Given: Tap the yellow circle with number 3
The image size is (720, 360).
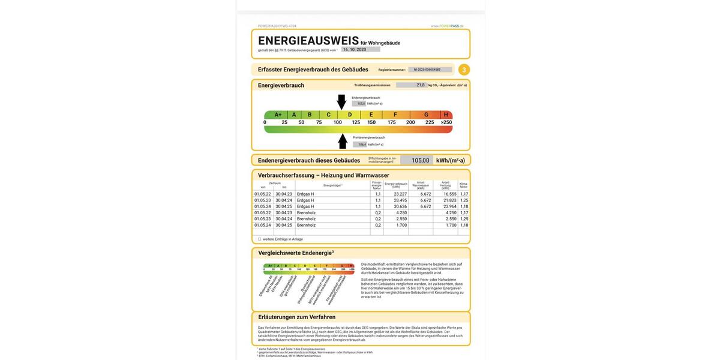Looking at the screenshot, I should pyautogui.click(x=464, y=70).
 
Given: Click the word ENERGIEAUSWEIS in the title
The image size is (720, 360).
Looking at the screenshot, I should pyautogui.click(x=308, y=41).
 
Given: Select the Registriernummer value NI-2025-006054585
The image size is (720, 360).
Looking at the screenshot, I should pyautogui.click(x=427, y=70).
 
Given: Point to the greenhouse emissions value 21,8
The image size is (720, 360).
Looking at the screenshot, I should pyautogui.click(x=421, y=85).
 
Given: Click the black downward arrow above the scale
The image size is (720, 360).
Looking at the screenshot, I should pyautogui.click(x=341, y=101).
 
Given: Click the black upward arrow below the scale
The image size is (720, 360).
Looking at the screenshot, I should pyautogui.click(x=343, y=142).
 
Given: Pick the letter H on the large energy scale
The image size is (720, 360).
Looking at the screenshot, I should pyautogui.click(x=446, y=115).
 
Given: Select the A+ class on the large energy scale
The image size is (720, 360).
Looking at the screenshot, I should pyautogui.click(x=278, y=115).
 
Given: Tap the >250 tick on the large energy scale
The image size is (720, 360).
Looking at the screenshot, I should pyautogui.click(x=446, y=122).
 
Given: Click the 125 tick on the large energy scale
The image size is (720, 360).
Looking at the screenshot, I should pyautogui.click(x=356, y=122).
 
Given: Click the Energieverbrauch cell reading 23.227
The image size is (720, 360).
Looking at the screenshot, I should pyautogui.click(x=400, y=194).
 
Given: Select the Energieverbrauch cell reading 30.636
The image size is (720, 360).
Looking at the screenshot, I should pyautogui.click(x=400, y=206).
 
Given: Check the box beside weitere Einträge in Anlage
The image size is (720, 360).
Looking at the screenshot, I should pyautogui.click(x=260, y=239).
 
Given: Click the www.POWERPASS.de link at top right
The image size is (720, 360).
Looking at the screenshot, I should pyautogui.click(x=447, y=26).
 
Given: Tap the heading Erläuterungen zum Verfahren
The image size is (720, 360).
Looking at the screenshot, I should pyautogui.click(x=297, y=317).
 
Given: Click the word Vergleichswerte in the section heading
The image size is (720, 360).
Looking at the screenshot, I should pyautogui.click(x=279, y=253).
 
